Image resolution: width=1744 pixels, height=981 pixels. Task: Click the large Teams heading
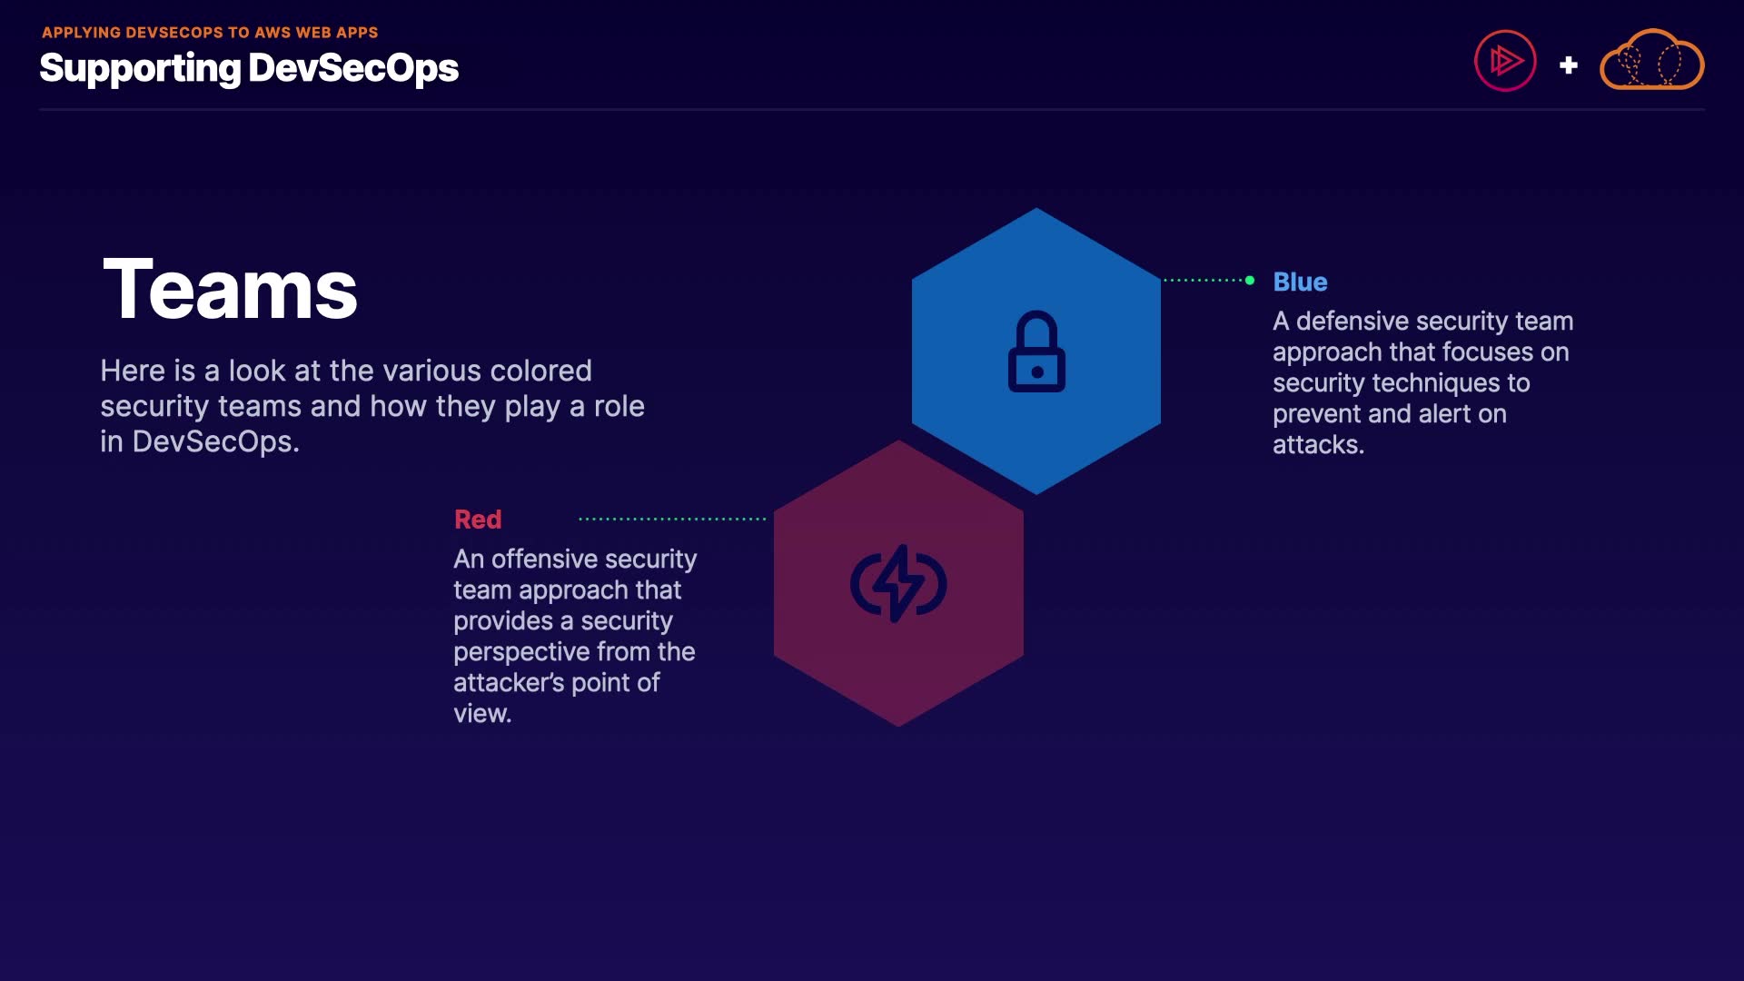[231, 289]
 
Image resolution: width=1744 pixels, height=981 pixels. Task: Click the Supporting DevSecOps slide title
[249, 68]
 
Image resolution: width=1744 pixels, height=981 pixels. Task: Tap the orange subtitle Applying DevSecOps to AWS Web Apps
[210, 33]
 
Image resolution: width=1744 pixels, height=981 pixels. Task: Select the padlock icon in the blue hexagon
[1036, 352]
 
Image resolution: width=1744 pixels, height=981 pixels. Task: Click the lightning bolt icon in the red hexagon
[898, 583]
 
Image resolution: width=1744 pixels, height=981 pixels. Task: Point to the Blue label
[1300, 282]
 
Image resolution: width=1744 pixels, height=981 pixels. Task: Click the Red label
[478, 519]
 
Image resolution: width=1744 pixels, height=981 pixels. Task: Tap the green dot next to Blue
[1250, 280]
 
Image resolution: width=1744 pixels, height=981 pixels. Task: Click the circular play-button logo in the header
[1505, 61]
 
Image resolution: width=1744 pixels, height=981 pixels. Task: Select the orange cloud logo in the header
[1651, 60]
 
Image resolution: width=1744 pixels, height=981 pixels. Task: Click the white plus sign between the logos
[1568, 64]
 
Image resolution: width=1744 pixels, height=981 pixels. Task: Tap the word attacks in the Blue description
[1318, 444]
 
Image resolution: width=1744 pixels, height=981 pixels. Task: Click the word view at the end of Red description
[482, 713]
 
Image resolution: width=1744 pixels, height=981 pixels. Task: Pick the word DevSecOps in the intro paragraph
[215, 441]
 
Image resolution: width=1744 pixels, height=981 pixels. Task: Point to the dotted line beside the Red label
[672, 520]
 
